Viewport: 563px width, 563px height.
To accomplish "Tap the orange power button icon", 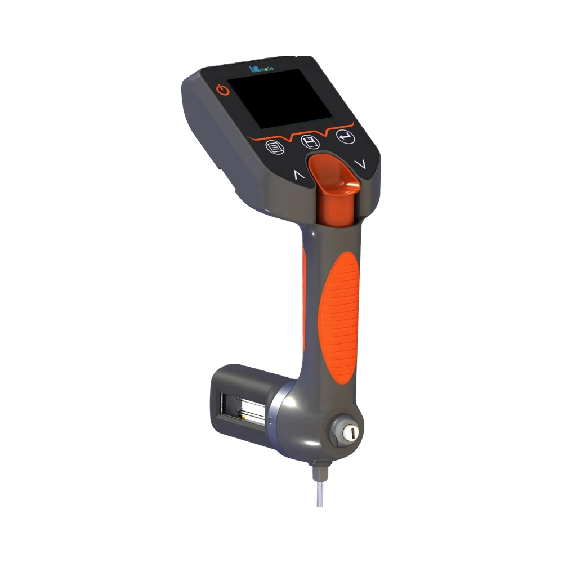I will [224, 90].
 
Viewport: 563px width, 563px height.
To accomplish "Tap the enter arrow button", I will [344, 136].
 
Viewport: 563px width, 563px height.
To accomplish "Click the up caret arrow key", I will [298, 175].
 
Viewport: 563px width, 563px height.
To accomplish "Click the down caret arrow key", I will [361, 164].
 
